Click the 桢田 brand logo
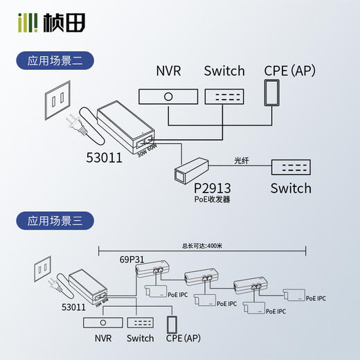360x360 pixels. point(52,23)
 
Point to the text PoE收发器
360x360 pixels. point(212,199)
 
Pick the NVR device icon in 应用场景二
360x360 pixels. point(167,96)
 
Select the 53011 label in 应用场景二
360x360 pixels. point(104,157)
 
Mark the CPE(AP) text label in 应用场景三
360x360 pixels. point(183,339)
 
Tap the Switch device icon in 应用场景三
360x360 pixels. point(141,323)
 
